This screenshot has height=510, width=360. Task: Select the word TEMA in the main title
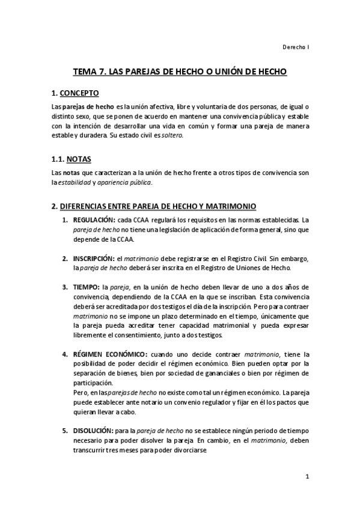tap(87, 72)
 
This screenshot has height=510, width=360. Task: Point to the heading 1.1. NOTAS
tap(67, 161)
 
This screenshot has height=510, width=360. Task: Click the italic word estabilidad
tap(73, 182)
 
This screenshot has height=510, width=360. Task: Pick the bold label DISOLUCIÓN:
tap(93, 431)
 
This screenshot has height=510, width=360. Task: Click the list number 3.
tap(66, 287)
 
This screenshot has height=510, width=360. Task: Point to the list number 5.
tap(66, 431)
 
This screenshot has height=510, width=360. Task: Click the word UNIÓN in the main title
tap(224, 72)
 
